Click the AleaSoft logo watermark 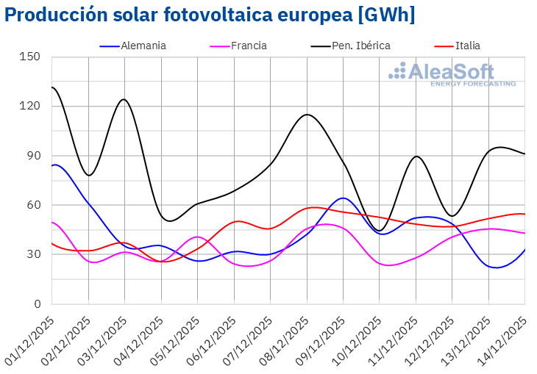452,73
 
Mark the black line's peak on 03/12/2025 124,99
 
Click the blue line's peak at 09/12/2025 343,198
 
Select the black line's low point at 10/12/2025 380,230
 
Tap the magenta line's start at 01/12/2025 52,222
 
